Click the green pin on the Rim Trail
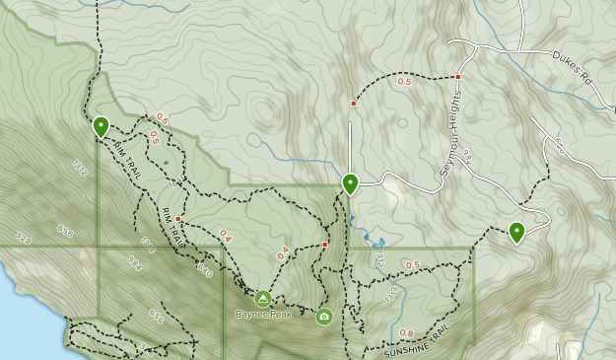tap(101, 126)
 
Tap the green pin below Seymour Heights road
tap(350, 183)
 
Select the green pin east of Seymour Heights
tap(516, 233)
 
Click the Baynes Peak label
tap(263, 315)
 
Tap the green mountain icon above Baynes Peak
tap(263, 298)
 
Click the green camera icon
tap(324, 317)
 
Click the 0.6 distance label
tap(162, 120)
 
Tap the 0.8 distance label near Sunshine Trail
tap(407, 333)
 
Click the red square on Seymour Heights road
tap(458, 76)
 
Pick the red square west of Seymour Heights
tap(353, 103)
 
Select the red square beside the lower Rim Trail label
tap(179, 218)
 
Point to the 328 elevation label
tap(23, 238)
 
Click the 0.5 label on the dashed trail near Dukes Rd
tap(404, 82)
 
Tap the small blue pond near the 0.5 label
tap(166, 162)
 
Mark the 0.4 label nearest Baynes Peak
tap(284, 253)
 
